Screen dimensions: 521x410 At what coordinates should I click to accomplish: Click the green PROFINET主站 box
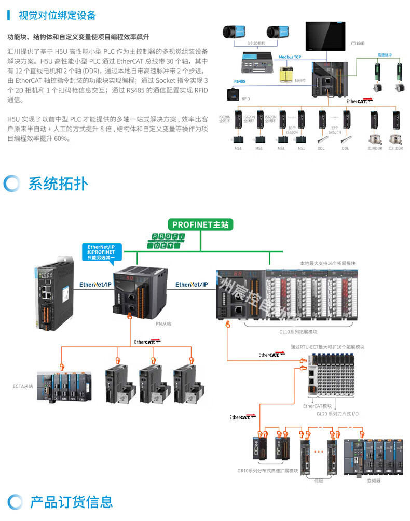pyautogui.click(x=200, y=224)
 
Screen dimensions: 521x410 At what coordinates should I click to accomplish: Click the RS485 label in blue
pyautogui.click(x=240, y=81)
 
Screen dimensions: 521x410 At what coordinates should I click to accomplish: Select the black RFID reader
pyautogui.click(x=233, y=94)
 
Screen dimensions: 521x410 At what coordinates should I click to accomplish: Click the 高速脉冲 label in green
pyautogui.click(x=386, y=54)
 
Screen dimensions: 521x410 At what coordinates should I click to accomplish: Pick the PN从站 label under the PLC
pyautogui.click(x=163, y=323)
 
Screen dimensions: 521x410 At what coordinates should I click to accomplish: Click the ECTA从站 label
pyautogui.click(x=23, y=386)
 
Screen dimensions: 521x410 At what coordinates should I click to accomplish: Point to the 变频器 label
pyautogui.click(x=374, y=481)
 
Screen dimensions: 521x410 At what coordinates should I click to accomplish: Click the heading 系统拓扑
pyautogui.click(x=58, y=184)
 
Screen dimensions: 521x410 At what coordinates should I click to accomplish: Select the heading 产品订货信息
pyautogui.click(x=71, y=501)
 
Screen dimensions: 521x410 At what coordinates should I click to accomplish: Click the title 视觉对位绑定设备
pyautogui.click(x=57, y=15)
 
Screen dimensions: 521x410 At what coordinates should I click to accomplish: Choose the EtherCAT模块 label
pyautogui.click(x=318, y=406)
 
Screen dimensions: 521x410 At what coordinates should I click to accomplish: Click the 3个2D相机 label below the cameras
pyautogui.click(x=256, y=44)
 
